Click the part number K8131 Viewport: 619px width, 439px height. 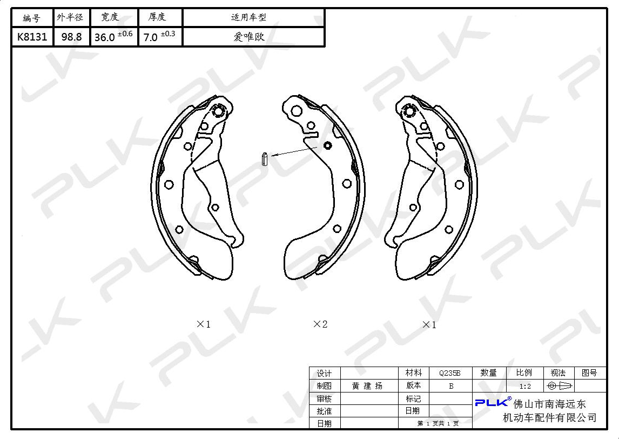pyautogui.click(x=32, y=37)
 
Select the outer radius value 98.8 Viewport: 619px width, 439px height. pyautogui.click(x=71, y=37)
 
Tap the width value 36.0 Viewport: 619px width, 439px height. pyautogui.click(x=105, y=37)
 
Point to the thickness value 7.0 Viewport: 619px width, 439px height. pyautogui.click(x=150, y=37)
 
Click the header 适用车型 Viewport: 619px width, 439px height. pyautogui.click(x=248, y=17)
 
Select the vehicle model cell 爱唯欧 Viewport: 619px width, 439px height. pyautogui.click(x=248, y=37)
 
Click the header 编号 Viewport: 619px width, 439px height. pyautogui.click(x=31, y=18)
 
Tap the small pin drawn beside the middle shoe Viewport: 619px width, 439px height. pyautogui.click(x=265, y=159)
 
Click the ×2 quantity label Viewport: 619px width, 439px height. pyautogui.click(x=320, y=324)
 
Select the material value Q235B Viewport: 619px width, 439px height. pyautogui.click(x=449, y=373)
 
